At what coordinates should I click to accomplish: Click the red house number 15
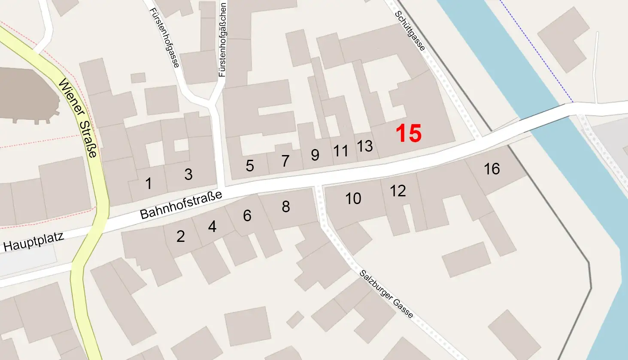[408, 133]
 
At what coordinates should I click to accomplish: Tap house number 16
[491, 169]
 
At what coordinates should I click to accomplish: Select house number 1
[149, 183]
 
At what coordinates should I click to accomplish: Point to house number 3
[188, 174]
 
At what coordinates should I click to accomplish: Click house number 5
[250, 166]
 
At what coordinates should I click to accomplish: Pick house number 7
[285, 161]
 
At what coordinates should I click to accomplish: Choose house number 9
[315, 155]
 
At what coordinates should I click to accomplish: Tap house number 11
[341, 151]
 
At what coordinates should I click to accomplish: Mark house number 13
[365, 146]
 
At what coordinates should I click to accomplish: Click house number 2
[181, 236]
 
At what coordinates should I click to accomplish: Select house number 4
[212, 226]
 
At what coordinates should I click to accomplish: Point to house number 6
[247, 215]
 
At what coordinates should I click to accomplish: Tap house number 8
[286, 207]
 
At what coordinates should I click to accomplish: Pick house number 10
[353, 198]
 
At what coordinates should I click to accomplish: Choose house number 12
[398, 191]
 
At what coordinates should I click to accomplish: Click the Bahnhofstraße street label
[181, 205]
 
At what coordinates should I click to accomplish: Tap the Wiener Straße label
[79, 118]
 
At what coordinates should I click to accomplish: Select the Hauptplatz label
[33, 241]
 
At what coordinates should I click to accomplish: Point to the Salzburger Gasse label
[387, 294]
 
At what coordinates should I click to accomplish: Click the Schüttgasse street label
[410, 31]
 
